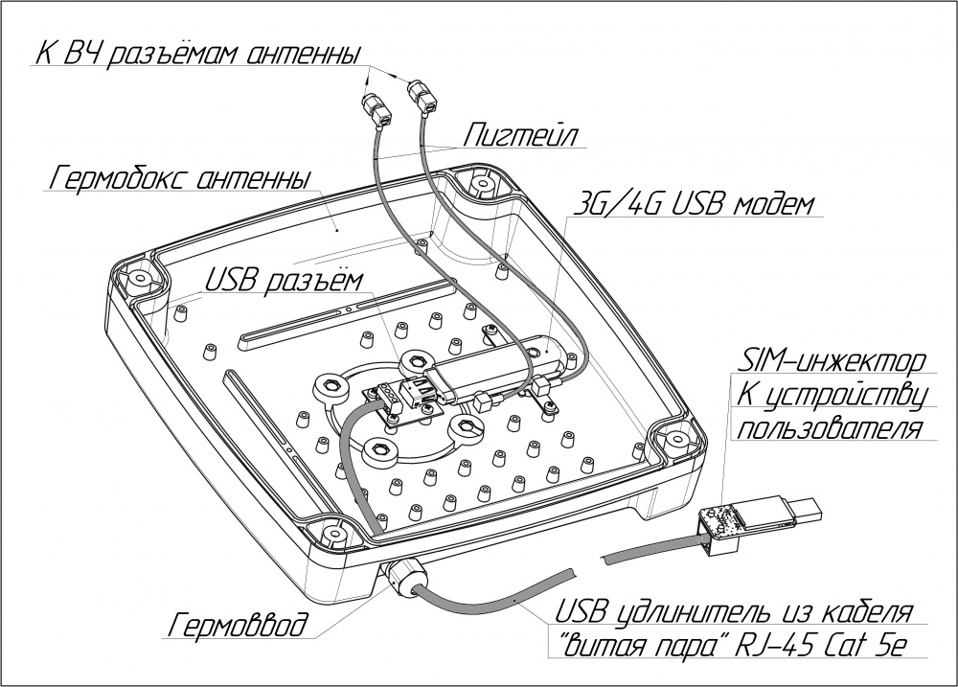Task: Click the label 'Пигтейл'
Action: point(513,134)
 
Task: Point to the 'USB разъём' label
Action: point(284,280)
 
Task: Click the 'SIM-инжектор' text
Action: point(831,362)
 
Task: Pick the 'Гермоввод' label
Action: point(239,627)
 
